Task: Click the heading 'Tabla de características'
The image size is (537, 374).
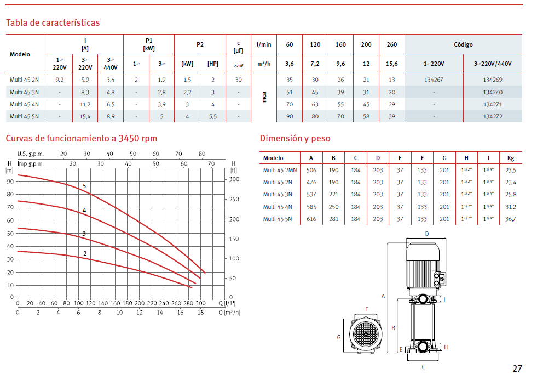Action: [x=53, y=22]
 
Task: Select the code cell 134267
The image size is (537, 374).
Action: [x=434, y=80]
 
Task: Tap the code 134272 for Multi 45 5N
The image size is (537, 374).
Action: [x=493, y=116]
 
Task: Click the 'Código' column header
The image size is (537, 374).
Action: [x=463, y=44]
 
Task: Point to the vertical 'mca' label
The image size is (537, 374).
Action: [x=264, y=97]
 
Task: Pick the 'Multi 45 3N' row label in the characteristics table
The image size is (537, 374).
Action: [x=24, y=92]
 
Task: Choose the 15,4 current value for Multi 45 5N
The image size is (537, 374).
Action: [x=85, y=116]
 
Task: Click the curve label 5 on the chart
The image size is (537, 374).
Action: [x=84, y=186]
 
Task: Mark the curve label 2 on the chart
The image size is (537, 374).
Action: [x=85, y=253]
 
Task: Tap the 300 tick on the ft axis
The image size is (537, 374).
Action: [x=234, y=179]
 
